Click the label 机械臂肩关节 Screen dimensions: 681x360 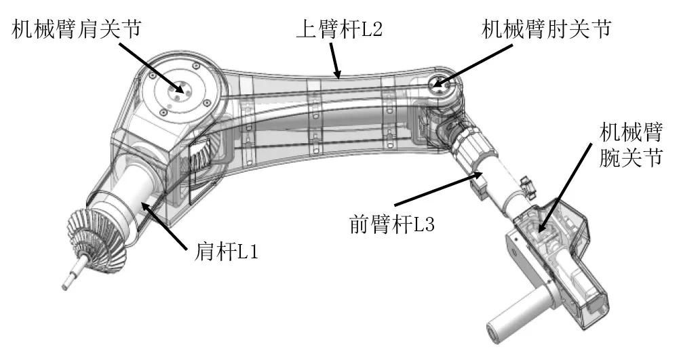[77, 30]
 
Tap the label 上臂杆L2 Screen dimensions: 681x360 [339, 30]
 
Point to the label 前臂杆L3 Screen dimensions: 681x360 [392, 224]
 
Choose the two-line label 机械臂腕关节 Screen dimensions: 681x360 [631, 144]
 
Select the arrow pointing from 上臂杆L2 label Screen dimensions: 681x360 [335, 60]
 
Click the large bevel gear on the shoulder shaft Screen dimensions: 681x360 [96, 239]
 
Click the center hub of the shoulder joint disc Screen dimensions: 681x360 [178, 91]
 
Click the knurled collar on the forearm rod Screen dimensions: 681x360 [473, 152]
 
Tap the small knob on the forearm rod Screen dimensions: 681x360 [526, 183]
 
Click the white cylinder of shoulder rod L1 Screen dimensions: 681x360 [130, 200]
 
